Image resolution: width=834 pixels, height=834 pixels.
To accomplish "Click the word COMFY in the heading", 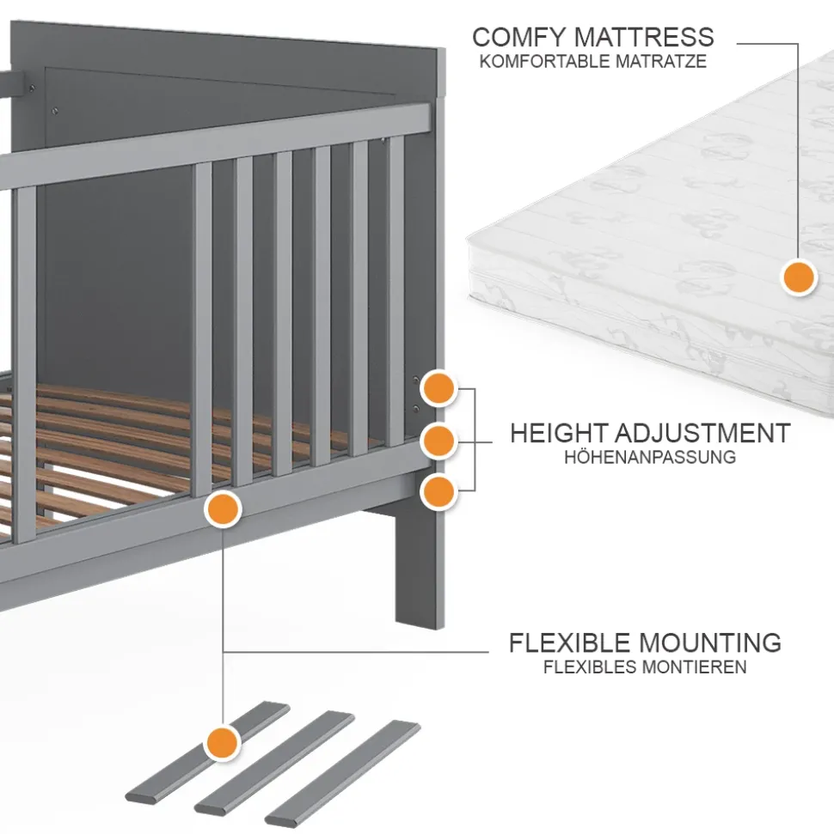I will click(x=518, y=37).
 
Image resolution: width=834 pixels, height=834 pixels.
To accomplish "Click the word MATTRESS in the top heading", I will click(x=643, y=37).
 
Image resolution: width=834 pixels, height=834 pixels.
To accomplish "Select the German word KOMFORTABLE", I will click(x=539, y=62).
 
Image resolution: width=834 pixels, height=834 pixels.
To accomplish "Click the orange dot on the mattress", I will click(x=799, y=277).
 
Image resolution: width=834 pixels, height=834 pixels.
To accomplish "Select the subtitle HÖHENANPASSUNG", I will click(x=650, y=457).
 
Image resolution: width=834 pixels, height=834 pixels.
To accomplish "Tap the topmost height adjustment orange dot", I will click(x=439, y=389).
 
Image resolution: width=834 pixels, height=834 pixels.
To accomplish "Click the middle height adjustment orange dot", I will click(x=438, y=441).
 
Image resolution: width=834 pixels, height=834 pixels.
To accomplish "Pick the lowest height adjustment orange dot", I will click(x=438, y=491).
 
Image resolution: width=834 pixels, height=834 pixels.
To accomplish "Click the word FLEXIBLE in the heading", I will click(x=571, y=642).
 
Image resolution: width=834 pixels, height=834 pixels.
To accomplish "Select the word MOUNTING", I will click(x=711, y=642).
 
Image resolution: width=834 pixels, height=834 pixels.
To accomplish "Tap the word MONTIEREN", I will click(x=696, y=667).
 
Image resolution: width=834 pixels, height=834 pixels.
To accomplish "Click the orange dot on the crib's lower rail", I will click(x=223, y=508).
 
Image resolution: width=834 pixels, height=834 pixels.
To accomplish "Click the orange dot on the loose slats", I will click(x=223, y=740).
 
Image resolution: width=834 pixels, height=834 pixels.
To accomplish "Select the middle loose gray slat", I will click(x=275, y=762).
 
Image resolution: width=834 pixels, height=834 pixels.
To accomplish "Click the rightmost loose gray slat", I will click(x=343, y=772).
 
